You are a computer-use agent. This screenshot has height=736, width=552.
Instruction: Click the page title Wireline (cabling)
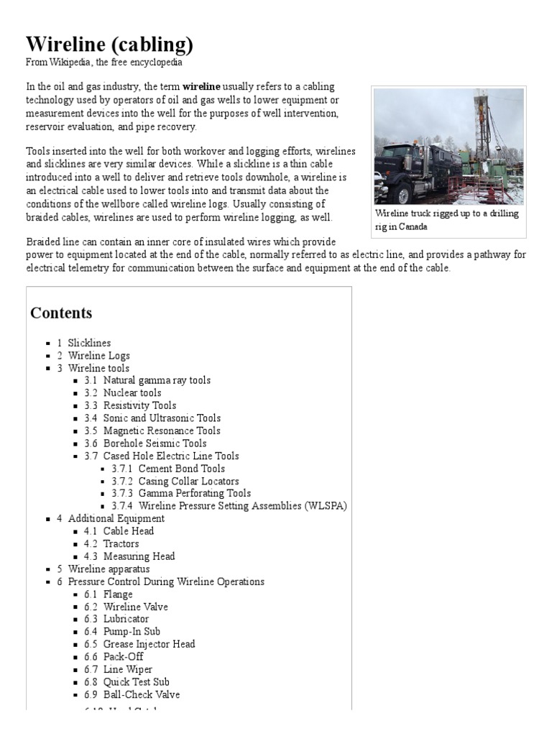pos(109,45)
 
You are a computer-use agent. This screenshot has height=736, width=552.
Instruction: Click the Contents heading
pos(61,313)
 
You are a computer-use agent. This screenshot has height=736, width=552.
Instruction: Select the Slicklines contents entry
pos(89,343)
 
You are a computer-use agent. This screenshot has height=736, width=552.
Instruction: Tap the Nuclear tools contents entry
pos(132,393)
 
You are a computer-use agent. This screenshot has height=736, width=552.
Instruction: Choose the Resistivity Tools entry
pos(139,405)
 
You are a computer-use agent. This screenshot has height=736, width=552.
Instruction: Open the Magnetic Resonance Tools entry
pos(162,431)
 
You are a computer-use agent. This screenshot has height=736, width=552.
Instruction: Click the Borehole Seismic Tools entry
pos(155,443)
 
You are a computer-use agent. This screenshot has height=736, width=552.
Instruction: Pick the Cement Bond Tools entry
pos(181,469)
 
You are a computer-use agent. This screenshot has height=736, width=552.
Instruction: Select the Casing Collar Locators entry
pos(188,481)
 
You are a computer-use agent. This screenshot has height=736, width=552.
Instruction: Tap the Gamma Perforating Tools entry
pos(194,493)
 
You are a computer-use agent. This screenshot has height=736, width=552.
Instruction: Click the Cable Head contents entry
pos(128,531)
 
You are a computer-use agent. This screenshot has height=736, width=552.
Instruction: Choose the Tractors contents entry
pos(121,543)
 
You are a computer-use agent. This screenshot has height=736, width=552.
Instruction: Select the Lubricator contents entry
pos(126,619)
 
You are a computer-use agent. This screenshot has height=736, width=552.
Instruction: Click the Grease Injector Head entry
pos(149,644)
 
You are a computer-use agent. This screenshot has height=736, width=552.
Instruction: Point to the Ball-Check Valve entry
pos(142,694)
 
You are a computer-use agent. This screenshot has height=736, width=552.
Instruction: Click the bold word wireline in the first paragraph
pos(201,86)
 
